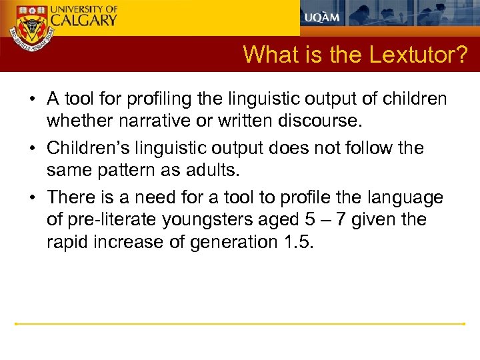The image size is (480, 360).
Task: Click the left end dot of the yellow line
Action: [16, 324]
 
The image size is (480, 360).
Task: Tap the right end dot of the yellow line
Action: [463, 324]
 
